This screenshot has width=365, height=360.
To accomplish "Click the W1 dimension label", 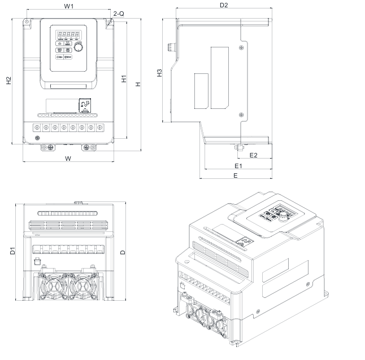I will tap(68, 7).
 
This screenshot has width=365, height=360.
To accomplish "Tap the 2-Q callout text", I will tap(119, 12).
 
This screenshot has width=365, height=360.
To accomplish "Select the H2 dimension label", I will tap(8, 81).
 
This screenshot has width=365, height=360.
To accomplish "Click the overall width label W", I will tap(68, 159).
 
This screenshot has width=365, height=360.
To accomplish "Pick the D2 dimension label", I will tap(223, 5).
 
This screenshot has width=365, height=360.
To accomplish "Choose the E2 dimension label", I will tap(254, 155).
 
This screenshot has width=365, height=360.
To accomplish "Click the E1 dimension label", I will tap(238, 166).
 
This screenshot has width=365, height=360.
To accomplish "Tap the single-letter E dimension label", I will tap(235, 175).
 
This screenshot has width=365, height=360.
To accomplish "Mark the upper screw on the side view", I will tap(242, 46).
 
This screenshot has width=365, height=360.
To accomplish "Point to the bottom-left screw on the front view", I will tap(37, 139).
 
